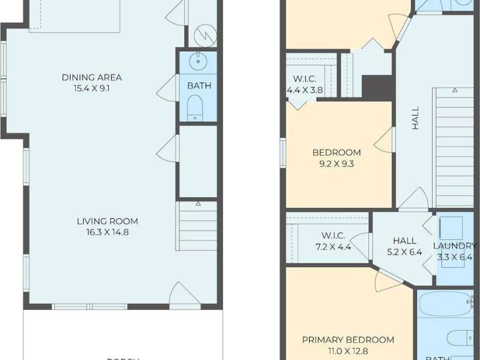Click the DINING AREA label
click(92, 77)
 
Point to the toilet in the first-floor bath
click(195, 107)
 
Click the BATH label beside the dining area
click(199, 86)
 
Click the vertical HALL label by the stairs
click(415, 118)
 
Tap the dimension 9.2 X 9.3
click(336, 163)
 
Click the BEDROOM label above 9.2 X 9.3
click(336, 153)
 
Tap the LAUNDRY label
click(454, 246)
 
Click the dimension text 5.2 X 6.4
click(404, 252)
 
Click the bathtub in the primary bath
click(445, 303)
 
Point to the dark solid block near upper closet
click(378, 88)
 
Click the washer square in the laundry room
click(450, 228)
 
